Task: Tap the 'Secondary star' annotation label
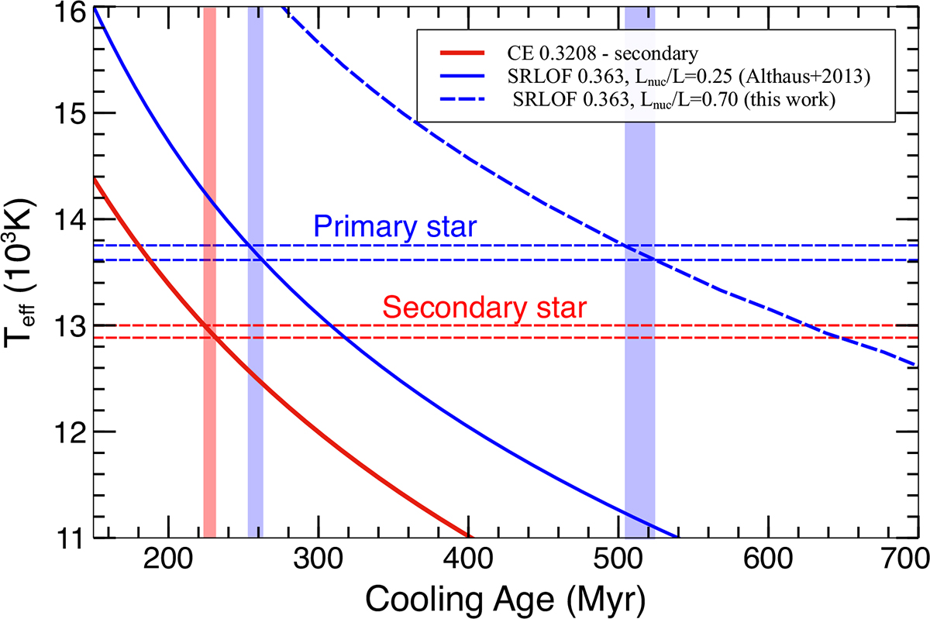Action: pos(485,308)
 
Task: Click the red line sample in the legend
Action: pos(462,54)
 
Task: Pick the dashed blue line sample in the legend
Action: pos(462,102)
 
